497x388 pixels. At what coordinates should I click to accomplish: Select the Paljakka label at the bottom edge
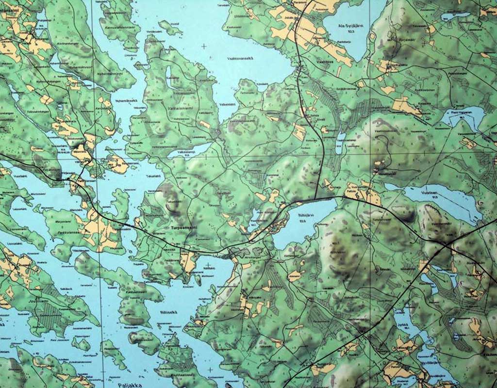[128, 385]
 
